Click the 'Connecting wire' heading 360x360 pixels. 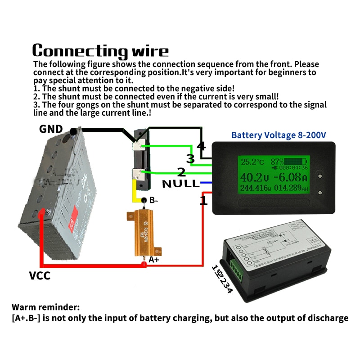click(100, 50)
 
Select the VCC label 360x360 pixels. click(40, 275)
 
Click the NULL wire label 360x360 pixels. click(180, 184)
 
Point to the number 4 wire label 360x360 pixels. click(201, 147)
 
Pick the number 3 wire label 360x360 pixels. click(191, 158)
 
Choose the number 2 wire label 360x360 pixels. click(181, 171)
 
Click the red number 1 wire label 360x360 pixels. click(203, 201)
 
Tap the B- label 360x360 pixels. click(153, 200)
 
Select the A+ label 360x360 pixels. click(154, 260)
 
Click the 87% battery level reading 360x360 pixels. click(277, 161)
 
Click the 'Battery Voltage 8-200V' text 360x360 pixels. click(279, 135)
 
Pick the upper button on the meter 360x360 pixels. click(320, 172)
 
